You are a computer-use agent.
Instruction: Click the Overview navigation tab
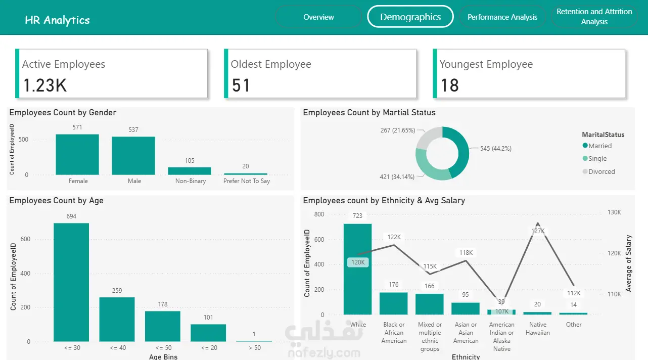click(318, 17)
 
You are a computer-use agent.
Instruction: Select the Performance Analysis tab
click(502, 17)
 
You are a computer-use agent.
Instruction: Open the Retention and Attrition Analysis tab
click(594, 17)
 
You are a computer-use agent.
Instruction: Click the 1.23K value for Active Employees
click(45, 85)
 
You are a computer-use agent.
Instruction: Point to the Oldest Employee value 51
click(241, 85)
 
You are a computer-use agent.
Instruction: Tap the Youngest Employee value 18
click(449, 85)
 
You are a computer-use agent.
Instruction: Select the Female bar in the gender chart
click(77, 155)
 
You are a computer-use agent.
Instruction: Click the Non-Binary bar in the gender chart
click(190, 171)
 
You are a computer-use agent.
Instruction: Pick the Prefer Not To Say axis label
click(247, 181)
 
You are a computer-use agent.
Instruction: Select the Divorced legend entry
click(601, 171)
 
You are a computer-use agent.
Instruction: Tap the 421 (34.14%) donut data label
click(397, 177)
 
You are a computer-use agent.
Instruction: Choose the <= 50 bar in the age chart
click(163, 326)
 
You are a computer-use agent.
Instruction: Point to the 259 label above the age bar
click(117, 291)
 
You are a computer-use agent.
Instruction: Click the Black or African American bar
click(393, 303)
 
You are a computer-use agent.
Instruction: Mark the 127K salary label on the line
click(538, 231)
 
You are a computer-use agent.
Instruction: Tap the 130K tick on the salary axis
click(614, 212)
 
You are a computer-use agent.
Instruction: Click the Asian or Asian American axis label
click(466, 333)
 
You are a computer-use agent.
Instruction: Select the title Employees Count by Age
click(56, 201)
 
